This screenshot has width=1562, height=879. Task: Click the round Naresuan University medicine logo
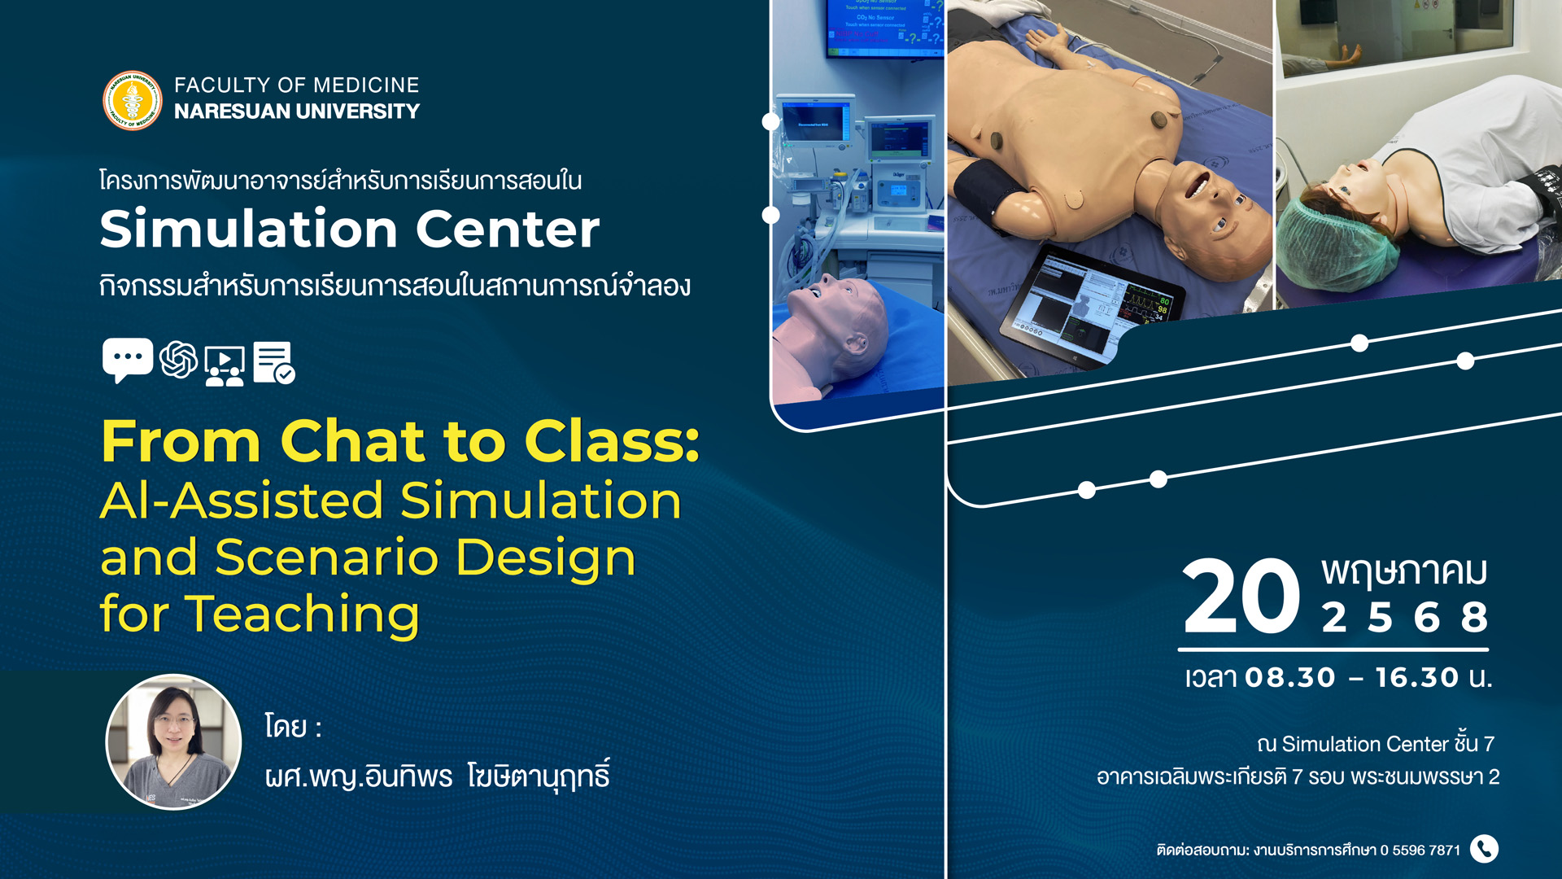coord(133,100)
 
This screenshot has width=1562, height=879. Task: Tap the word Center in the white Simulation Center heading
coord(508,229)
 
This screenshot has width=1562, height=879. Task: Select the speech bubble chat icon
coord(128,360)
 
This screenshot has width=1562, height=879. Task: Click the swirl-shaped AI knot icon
coord(179,359)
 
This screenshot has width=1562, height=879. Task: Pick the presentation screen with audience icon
coord(225,365)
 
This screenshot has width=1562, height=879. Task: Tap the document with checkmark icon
coord(274,362)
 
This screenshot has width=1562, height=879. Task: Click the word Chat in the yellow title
coord(352,441)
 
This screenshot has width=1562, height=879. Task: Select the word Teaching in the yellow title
coord(303,615)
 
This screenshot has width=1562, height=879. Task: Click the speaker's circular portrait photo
coord(174,741)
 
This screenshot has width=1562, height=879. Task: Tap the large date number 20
coord(1241,596)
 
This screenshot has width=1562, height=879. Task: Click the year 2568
coord(1404,618)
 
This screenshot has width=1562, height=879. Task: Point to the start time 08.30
coord(1290,677)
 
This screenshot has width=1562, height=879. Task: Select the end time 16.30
coord(1417,677)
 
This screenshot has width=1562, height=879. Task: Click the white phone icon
coord(1485,849)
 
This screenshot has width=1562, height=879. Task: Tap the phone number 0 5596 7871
coord(1420,851)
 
